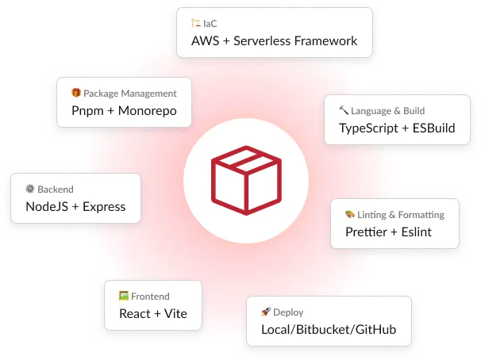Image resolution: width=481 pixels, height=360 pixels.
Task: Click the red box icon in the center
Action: click(246, 181)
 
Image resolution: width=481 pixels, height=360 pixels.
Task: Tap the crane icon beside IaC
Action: click(196, 23)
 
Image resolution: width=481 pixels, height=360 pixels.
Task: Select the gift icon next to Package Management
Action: click(76, 93)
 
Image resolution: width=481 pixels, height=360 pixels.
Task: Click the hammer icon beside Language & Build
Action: click(344, 110)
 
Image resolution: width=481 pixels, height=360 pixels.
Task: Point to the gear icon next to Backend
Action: click(30, 189)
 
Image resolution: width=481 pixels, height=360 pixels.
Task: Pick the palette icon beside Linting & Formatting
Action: click(350, 214)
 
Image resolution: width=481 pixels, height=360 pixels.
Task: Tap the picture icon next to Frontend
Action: click(124, 296)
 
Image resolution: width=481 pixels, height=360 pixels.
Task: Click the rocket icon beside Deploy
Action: click(266, 312)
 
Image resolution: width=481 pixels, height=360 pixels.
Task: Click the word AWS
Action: click(206, 41)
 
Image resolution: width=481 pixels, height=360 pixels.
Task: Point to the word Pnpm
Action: click(87, 111)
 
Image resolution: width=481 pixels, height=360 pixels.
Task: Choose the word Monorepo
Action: click(148, 111)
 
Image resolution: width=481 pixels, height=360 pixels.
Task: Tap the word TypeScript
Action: click(368, 128)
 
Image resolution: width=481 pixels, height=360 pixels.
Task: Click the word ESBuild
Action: click(433, 128)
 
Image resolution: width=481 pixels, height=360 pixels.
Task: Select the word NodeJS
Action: click(47, 207)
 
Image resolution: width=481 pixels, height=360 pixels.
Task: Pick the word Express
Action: click(104, 207)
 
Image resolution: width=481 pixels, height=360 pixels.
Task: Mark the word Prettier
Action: click(366, 232)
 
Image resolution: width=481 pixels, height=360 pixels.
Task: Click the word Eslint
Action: click(416, 232)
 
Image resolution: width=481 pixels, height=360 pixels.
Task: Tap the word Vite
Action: click(175, 314)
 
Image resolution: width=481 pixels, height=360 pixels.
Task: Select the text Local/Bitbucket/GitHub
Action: click(329, 330)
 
